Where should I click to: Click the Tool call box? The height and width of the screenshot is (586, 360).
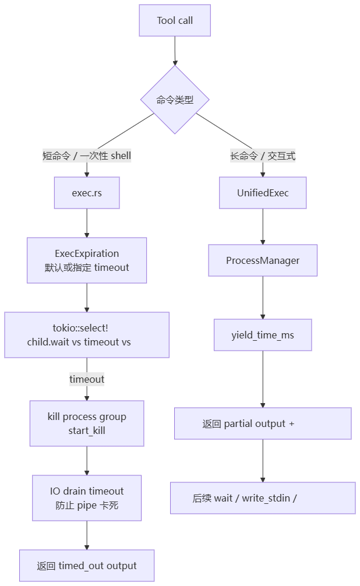pos(175,21)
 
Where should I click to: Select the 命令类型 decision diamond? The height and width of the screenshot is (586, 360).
pos(175,100)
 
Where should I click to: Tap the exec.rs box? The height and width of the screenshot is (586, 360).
pos(87,193)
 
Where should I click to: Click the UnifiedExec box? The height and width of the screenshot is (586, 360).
pos(263,193)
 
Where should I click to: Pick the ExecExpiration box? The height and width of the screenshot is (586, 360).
pos(87,260)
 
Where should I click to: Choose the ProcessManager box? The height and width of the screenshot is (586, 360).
pos(263,260)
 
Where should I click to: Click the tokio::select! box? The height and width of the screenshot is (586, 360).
pos(87,335)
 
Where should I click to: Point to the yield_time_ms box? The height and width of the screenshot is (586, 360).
pos(263,335)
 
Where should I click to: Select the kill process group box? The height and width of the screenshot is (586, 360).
pos(87,423)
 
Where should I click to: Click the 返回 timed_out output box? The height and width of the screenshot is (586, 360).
pos(87,566)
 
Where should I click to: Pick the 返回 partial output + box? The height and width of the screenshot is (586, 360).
pos(263,423)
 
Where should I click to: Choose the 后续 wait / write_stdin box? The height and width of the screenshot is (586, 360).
pos(263,498)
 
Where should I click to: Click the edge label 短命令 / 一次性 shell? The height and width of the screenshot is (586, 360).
pos(87,156)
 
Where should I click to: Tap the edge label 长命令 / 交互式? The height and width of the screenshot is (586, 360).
pos(263,156)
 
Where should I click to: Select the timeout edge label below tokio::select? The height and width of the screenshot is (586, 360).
pos(87,379)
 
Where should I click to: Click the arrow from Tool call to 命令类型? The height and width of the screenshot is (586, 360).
pos(175,51)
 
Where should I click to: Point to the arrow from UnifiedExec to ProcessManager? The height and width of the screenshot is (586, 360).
pos(263,227)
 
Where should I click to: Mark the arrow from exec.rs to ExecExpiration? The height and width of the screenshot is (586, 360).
pos(87,223)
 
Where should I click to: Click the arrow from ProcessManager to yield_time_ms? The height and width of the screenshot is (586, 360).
pos(263,298)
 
